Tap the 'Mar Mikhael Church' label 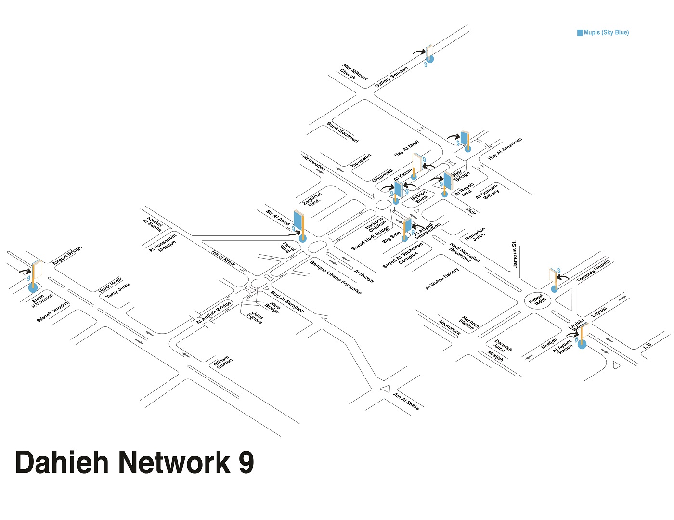tap(353, 72)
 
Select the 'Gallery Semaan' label tap(391, 77)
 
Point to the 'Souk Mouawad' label tap(342, 132)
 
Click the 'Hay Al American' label tap(505, 149)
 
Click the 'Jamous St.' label tap(515, 254)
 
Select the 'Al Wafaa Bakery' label tap(442, 279)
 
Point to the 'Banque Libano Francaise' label tap(336, 277)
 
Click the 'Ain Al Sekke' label tap(406, 401)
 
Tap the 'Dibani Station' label tap(222, 362)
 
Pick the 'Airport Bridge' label tap(67, 255)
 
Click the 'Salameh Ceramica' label tap(52, 312)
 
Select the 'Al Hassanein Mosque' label tap(164, 243)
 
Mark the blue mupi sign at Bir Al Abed tap(299, 222)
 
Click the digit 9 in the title tap(246, 462)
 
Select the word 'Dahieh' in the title tap(63, 462)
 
